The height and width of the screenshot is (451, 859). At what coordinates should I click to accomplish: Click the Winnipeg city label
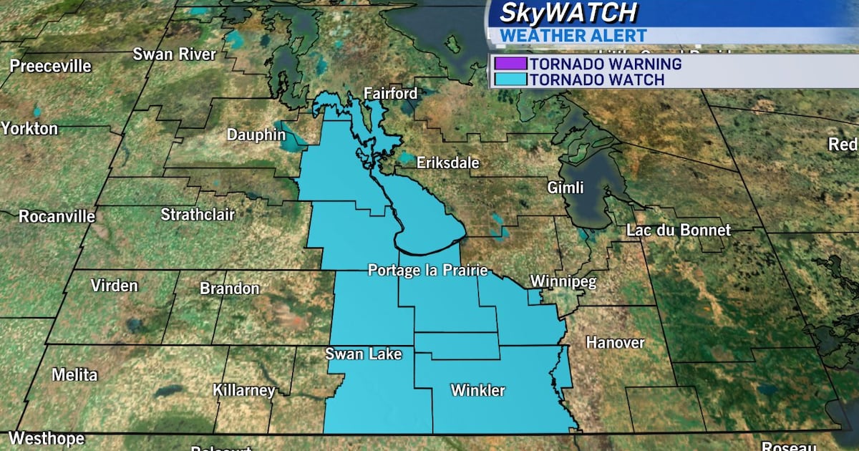tap(563, 282)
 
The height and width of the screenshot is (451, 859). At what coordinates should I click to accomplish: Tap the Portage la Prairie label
tap(427, 271)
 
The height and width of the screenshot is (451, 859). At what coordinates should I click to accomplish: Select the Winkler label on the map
tap(477, 391)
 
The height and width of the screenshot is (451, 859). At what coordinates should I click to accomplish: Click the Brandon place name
tap(229, 289)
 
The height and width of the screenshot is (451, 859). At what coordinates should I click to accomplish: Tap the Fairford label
tap(390, 94)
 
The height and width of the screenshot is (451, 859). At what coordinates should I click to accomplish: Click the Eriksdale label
tap(447, 163)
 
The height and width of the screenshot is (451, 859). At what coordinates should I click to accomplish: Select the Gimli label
tap(565, 188)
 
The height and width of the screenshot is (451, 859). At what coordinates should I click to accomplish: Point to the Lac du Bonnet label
tap(678, 231)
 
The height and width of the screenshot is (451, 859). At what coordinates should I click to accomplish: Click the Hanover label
tap(615, 343)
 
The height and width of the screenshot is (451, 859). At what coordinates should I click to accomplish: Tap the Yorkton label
tap(29, 129)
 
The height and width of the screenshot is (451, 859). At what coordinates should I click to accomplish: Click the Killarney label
tap(244, 391)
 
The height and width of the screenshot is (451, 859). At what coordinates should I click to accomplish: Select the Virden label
tap(114, 286)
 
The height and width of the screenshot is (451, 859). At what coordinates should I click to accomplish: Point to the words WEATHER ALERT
tap(573, 35)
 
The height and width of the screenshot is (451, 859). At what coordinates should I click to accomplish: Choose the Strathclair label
tap(198, 215)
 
